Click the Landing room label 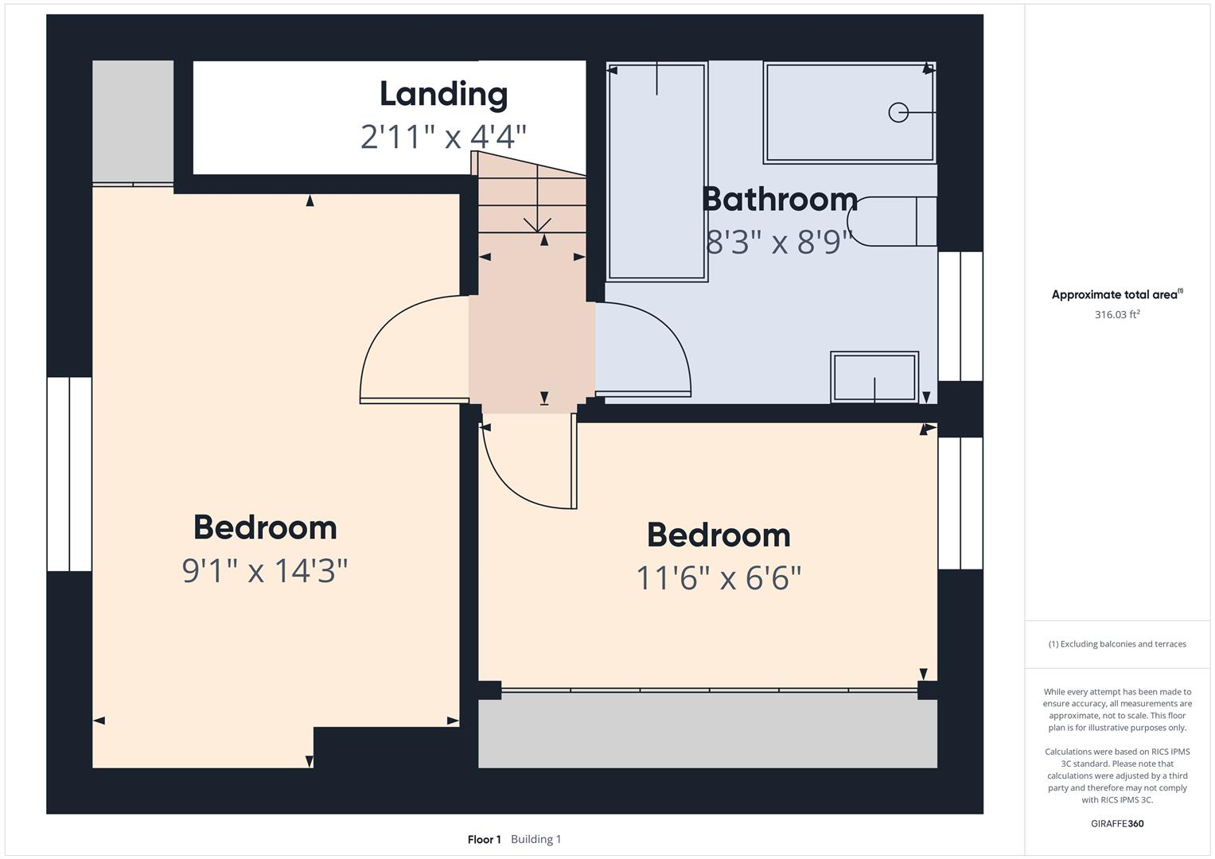click(444, 95)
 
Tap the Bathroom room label click(780, 199)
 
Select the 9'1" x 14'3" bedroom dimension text click(265, 571)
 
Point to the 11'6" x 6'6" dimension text click(718, 578)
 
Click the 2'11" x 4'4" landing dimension click(444, 137)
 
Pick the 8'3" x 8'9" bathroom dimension click(780, 242)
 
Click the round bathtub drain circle click(898, 112)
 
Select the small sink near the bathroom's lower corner click(874, 377)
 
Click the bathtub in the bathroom click(850, 112)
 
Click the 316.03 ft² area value click(1117, 314)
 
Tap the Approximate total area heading click(1117, 294)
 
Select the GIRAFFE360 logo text click(1117, 823)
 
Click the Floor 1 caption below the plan click(484, 839)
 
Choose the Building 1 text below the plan click(536, 839)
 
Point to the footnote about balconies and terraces click(1117, 643)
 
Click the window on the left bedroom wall click(69, 474)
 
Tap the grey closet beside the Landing click(133, 122)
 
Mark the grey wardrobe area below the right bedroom click(707, 729)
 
